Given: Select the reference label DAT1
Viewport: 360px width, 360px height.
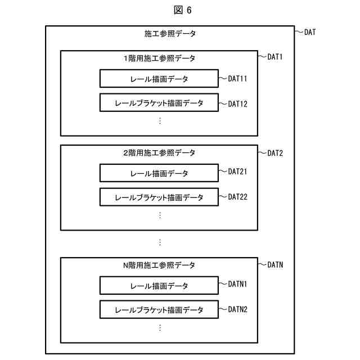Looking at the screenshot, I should [x=274, y=57].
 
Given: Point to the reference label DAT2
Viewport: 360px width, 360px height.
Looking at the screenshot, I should [x=274, y=152].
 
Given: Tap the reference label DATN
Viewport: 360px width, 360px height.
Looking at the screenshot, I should [x=274, y=264].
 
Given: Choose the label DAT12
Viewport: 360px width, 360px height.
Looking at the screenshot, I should [x=237, y=103].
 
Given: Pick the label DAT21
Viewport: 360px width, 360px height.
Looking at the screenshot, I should [x=237, y=172].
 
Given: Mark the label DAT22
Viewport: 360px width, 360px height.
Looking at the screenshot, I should [x=237, y=197].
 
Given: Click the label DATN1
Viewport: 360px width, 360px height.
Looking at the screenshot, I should [x=237, y=284].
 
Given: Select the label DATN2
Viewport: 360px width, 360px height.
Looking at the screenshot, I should [x=237, y=309].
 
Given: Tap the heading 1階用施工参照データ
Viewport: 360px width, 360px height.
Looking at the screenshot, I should [x=159, y=58].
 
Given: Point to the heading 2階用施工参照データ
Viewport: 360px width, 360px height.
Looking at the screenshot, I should [x=159, y=152].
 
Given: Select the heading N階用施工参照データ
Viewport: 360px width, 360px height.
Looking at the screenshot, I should [x=159, y=265].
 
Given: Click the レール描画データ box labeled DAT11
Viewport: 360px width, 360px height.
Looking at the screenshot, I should [x=159, y=79].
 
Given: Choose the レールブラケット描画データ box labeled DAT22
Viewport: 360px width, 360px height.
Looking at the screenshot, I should [x=159, y=197].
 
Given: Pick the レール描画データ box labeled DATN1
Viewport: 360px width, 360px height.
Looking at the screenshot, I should [x=159, y=286].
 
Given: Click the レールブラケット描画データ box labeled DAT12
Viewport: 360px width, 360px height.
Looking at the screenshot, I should [x=159, y=103].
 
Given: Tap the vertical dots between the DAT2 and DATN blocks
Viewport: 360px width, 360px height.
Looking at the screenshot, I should [x=160, y=242].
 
